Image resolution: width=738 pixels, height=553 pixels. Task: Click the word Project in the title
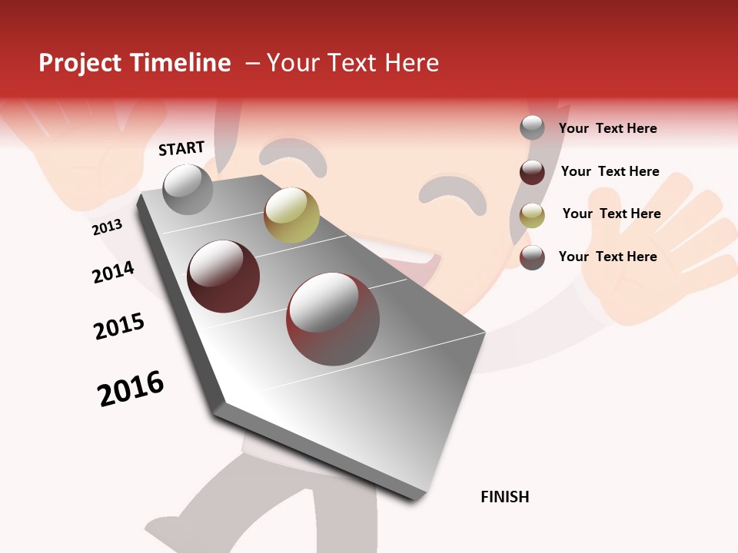81,63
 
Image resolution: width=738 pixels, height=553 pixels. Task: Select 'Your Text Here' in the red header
353,63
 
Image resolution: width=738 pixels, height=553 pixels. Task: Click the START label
181,148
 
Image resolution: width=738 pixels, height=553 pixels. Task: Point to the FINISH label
505,497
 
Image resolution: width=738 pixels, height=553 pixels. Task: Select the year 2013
107,227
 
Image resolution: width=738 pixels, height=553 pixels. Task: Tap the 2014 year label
113,272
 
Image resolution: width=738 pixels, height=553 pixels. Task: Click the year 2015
119,326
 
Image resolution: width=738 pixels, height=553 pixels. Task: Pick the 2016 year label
131,388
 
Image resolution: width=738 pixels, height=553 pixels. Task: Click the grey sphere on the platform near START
188,189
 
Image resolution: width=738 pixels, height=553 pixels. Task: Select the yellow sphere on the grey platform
291,214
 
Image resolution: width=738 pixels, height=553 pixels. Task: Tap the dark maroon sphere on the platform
223,276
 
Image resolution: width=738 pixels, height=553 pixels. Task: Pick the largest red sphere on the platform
333,318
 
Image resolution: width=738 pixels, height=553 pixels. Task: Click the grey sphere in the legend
532,127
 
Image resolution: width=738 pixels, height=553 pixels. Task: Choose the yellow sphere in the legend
532,215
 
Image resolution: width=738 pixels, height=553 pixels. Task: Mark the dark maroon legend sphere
532,172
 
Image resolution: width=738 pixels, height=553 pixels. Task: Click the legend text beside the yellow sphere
611,214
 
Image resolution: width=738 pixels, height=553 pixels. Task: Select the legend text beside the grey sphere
607,128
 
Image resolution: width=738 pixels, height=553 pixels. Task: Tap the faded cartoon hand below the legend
661,253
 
